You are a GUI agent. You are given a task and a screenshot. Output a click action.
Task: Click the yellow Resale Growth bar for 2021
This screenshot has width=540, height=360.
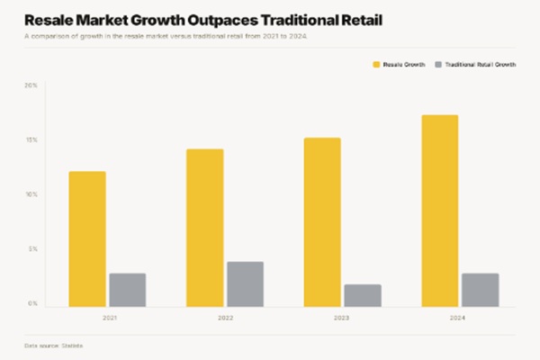(x=87, y=238)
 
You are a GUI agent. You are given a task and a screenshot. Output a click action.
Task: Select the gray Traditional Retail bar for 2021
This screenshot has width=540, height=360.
(x=128, y=290)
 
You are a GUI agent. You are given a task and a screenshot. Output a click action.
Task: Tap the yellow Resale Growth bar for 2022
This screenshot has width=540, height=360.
(x=205, y=228)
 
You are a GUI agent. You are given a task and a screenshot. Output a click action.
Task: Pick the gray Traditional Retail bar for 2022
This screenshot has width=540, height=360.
(x=246, y=284)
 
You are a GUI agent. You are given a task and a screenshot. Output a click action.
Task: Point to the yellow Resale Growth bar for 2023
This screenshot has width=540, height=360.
(x=322, y=222)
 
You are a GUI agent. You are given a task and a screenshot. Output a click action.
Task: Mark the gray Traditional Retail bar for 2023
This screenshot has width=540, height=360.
(x=363, y=295)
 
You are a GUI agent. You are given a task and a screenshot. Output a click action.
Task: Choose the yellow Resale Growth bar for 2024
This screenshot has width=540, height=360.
(x=440, y=211)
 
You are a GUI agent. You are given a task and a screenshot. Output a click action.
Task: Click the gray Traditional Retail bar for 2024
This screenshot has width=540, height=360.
(x=481, y=290)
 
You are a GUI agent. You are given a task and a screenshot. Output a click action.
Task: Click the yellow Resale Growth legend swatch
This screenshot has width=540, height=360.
(x=376, y=66)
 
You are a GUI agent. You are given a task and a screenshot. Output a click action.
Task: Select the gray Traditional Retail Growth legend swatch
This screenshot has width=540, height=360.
(x=438, y=66)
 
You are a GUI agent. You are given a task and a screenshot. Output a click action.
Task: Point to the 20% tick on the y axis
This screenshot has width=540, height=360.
(x=31, y=85)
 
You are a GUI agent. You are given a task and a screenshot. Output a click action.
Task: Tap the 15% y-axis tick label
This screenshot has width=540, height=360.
(x=31, y=140)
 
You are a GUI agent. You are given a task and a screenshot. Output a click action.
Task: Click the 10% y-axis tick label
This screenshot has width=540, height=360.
(x=31, y=194)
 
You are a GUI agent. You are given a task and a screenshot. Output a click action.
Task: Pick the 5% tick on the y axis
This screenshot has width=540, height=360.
(x=32, y=249)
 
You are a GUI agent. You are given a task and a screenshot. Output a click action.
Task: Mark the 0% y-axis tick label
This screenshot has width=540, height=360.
(x=32, y=304)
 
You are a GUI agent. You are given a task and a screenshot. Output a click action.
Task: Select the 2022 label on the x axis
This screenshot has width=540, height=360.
(x=225, y=317)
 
